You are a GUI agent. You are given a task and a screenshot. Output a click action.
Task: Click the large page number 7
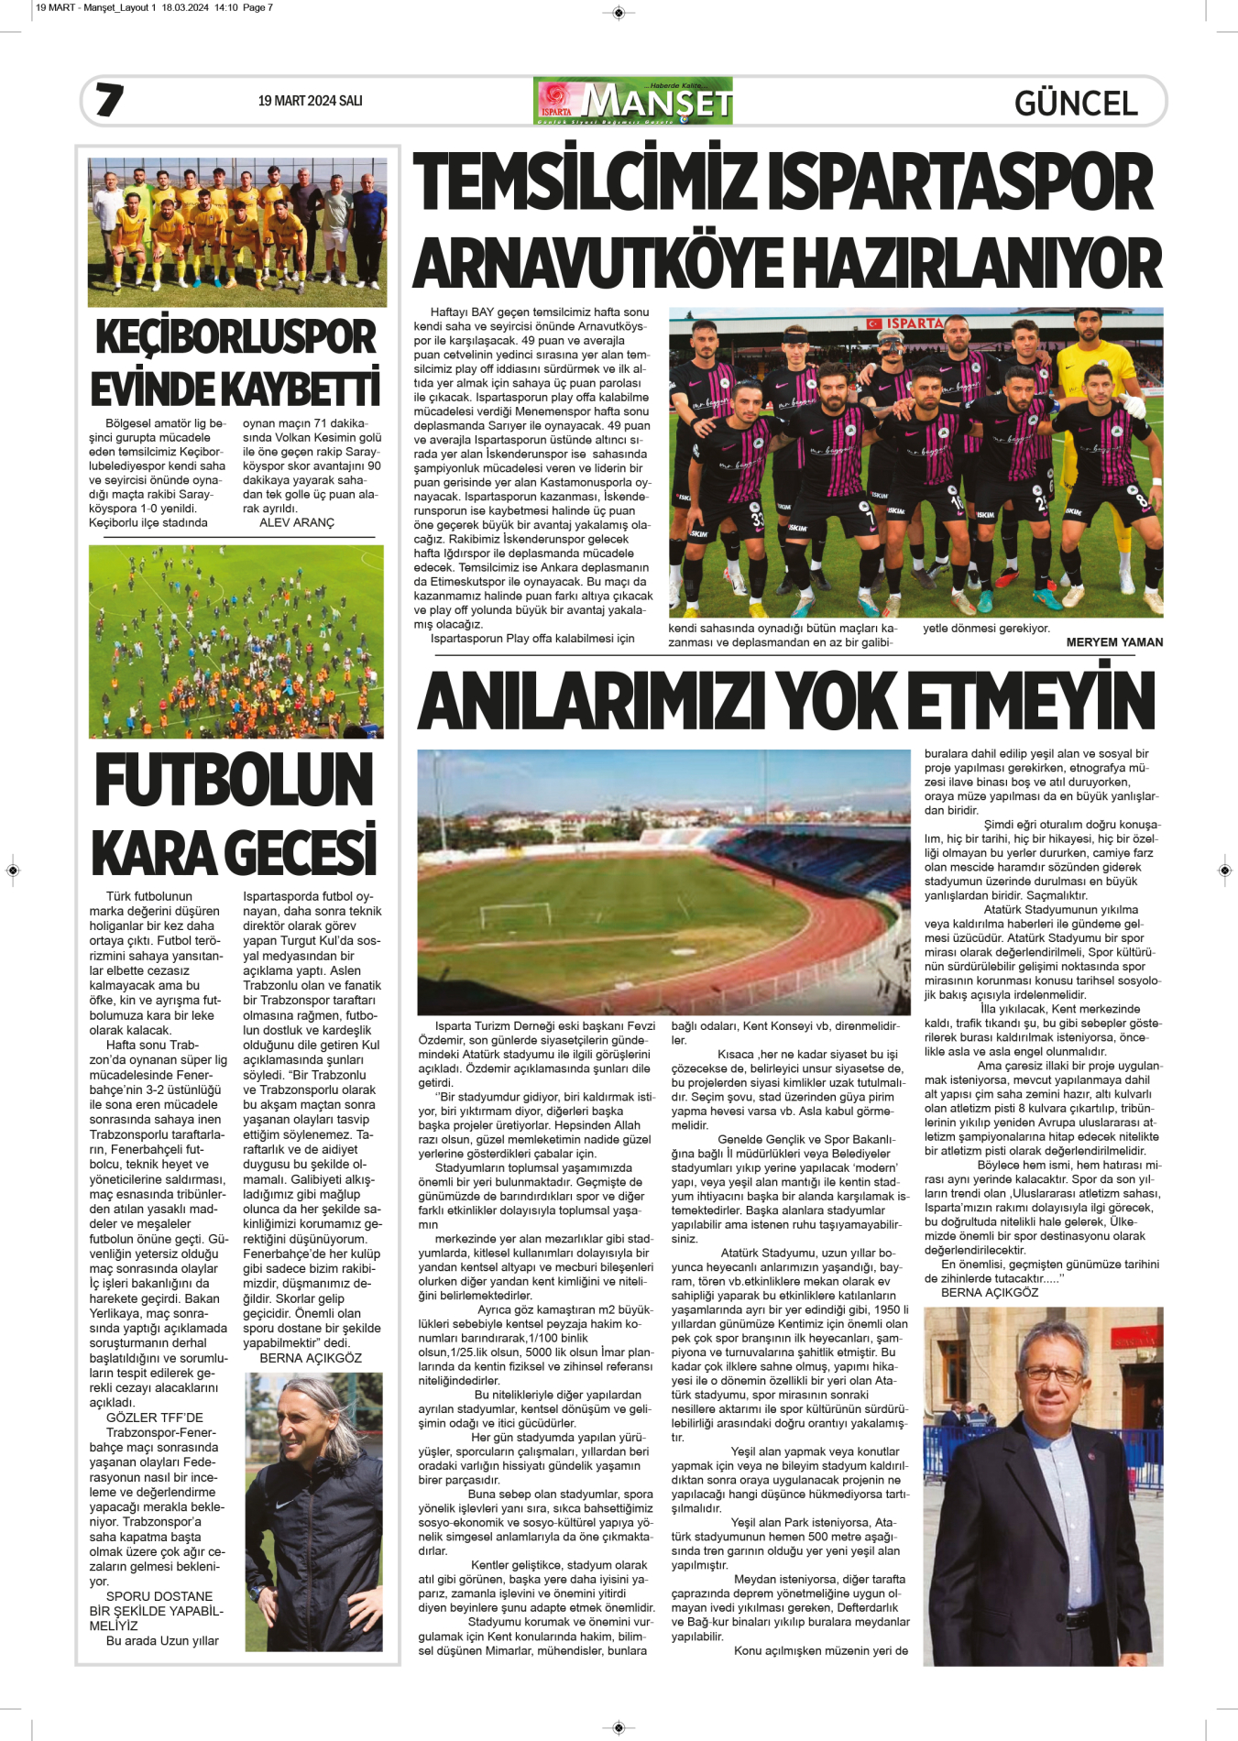110,100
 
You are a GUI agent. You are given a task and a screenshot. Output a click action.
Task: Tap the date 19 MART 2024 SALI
310,101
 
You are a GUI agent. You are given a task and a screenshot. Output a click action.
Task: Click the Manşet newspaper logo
632,101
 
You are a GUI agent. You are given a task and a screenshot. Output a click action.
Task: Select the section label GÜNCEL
1076,103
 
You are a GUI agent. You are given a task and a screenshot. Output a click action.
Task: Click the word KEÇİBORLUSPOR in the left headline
236,337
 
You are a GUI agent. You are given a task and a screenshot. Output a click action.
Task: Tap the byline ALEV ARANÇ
297,522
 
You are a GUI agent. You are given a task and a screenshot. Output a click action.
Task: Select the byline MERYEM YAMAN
1114,642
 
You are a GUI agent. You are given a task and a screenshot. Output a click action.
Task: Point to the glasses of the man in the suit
1050,1374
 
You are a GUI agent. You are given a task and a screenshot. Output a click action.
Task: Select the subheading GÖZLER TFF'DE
155,1418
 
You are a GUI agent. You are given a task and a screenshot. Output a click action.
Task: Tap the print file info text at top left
154,7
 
